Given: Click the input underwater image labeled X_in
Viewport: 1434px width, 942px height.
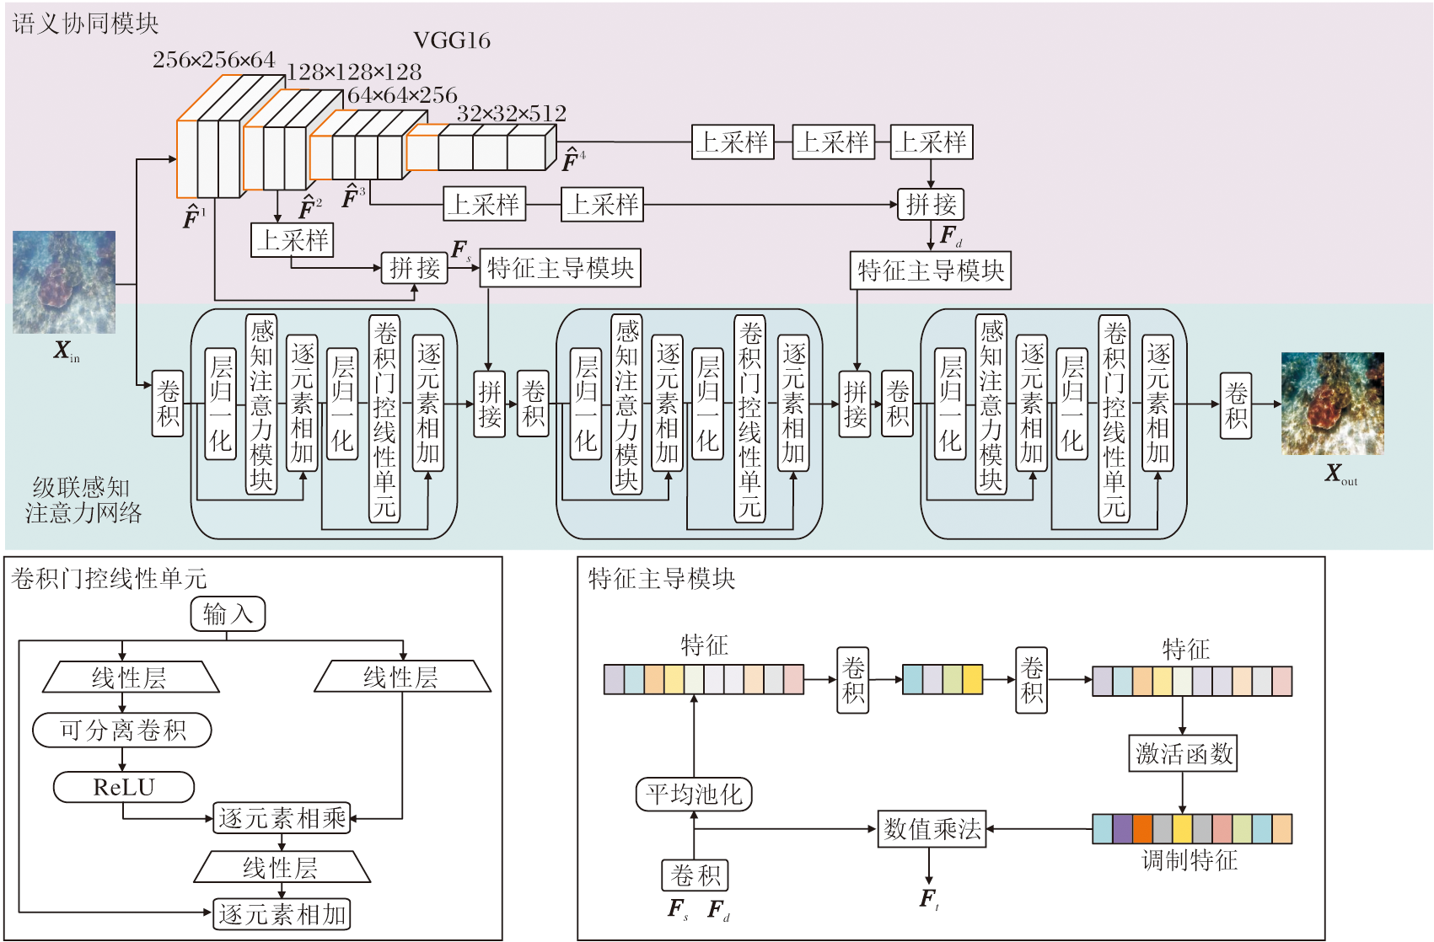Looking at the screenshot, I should pyautogui.click(x=64, y=282).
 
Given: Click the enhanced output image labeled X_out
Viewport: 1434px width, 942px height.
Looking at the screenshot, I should pyautogui.click(x=1332, y=404).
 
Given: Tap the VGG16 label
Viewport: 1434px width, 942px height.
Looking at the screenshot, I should pyautogui.click(x=452, y=40).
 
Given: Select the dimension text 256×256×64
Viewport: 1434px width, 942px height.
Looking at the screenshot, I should pyautogui.click(x=214, y=60).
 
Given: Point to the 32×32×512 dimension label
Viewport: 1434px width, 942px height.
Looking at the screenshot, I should pyautogui.click(x=511, y=113).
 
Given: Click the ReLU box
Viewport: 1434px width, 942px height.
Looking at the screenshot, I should pyautogui.click(x=124, y=787).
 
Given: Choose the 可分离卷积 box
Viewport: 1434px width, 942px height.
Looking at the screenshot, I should pyautogui.click(x=122, y=730).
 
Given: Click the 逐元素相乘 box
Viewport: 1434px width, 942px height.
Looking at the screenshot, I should pyautogui.click(x=282, y=817).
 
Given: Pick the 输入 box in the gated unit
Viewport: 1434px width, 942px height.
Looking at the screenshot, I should pyautogui.click(x=228, y=613).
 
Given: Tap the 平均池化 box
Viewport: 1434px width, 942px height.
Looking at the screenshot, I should pyautogui.click(x=693, y=794).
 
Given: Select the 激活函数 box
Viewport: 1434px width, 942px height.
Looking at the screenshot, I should pyautogui.click(x=1183, y=753).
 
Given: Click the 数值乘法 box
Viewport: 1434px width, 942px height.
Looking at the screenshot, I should pyautogui.click(x=932, y=829).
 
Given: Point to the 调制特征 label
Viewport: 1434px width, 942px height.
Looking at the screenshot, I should pyautogui.click(x=1189, y=860).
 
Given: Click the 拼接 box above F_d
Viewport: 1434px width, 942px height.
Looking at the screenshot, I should pyautogui.click(x=931, y=204).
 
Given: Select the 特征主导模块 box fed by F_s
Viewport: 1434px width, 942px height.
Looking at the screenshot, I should pyautogui.click(x=560, y=268).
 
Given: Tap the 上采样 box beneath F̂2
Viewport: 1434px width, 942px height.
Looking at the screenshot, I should pyautogui.click(x=293, y=240).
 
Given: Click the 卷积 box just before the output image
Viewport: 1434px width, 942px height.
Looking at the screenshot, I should pyautogui.click(x=1236, y=405).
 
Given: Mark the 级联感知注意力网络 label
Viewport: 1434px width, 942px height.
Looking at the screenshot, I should pyautogui.click(x=83, y=500).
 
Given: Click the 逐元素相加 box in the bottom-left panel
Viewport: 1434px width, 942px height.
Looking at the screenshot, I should pyautogui.click(x=282, y=914).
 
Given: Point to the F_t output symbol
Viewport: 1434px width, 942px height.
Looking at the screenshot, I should pyautogui.click(x=929, y=899).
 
